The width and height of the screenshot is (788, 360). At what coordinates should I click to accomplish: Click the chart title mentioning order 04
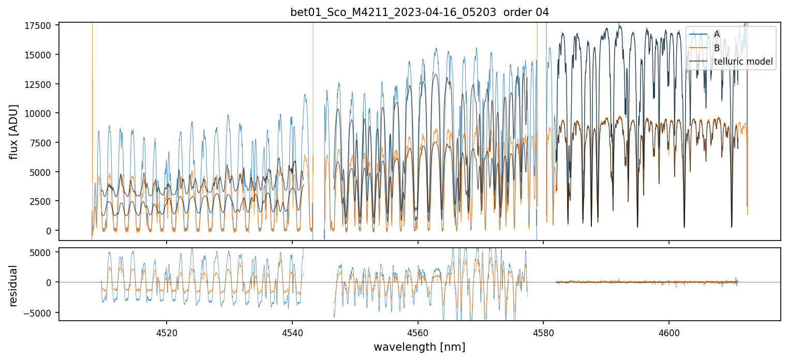[420, 12]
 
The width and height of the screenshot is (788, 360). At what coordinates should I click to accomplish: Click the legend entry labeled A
[717, 34]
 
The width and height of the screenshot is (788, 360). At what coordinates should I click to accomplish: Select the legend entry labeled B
[717, 48]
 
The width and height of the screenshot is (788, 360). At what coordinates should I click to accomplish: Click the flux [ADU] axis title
[14, 131]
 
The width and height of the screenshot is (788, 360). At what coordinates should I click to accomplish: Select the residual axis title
[14, 286]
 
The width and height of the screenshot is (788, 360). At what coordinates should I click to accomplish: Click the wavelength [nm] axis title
[420, 347]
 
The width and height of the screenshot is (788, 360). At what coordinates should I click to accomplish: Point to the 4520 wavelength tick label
[167, 332]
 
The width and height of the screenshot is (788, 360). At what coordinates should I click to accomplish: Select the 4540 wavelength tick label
[292, 332]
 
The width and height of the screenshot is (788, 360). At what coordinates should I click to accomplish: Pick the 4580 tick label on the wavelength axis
[543, 332]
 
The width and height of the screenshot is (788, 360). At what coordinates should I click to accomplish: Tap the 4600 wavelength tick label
[669, 332]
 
